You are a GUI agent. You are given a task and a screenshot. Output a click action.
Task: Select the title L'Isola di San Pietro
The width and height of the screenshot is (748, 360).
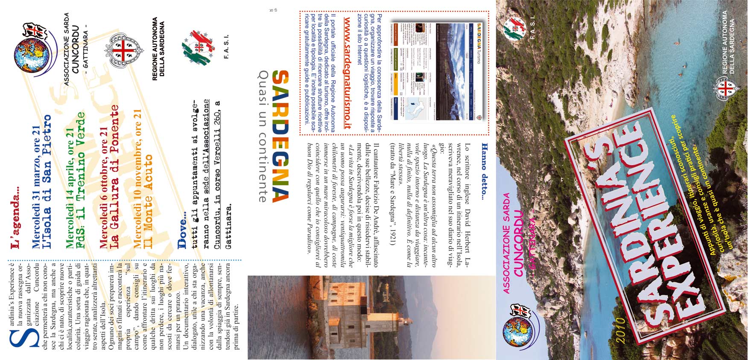pos(47,181)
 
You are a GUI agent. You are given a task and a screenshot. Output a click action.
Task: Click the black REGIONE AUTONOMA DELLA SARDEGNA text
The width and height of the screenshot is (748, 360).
pos(158,49)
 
